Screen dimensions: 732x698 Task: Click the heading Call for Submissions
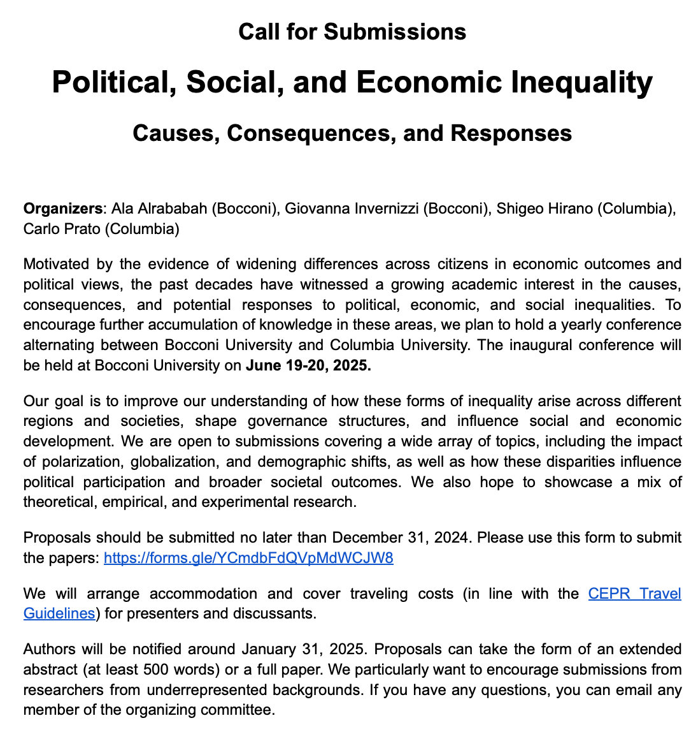click(352, 32)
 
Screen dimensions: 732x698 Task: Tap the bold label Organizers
click(62, 209)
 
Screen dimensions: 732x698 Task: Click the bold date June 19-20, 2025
click(308, 366)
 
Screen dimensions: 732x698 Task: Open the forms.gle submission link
click(248, 559)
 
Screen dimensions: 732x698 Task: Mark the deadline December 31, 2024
click(401, 538)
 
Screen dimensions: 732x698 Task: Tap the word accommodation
click(203, 594)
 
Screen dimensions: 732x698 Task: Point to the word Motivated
click(55, 264)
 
